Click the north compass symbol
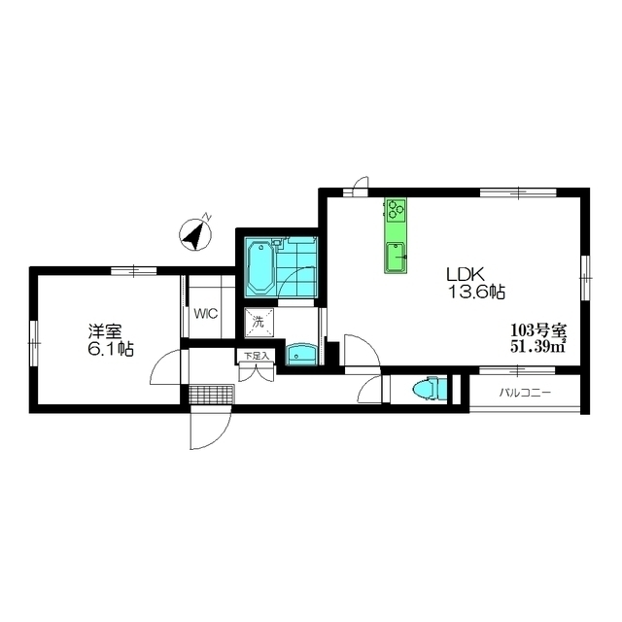pos(195,235)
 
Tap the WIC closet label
pos(206,314)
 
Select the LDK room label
pos(466,273)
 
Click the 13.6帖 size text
pos(476,293)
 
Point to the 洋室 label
pos(105,330)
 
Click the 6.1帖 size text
pos(111,349)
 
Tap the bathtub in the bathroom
pos(260,266)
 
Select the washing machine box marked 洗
pos(259,323)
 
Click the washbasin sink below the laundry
pos(301,354)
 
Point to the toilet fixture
pos(430,389)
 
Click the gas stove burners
pos(396,209)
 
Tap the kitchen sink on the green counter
pos(396,257)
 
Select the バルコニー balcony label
pos(525,393)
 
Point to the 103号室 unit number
pos(538,329)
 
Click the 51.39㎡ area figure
pos(537,346)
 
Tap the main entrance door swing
pos(210,428)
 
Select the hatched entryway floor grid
pos(212,394)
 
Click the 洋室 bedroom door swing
pos(166,367)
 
